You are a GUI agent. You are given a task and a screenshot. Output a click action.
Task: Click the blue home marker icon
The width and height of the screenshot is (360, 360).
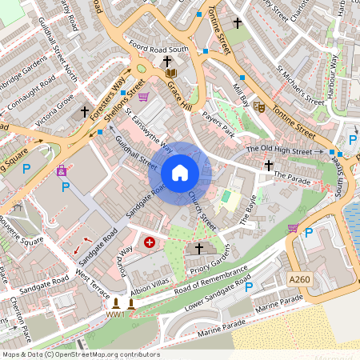pyautogui.click(x=180, y=172)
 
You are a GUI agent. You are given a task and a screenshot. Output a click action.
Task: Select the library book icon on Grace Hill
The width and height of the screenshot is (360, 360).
pyautogui.click(x=170, y=74)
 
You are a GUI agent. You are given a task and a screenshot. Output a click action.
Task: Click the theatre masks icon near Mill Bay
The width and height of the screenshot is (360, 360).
pyautogui.click(x=258, y=106)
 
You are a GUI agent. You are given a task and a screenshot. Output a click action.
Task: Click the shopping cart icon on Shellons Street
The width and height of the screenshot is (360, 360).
pyautogui.click(x=144, y=97)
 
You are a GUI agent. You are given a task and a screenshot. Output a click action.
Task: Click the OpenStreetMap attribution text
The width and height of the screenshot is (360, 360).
pyautogui.click(x=80, y=354)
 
